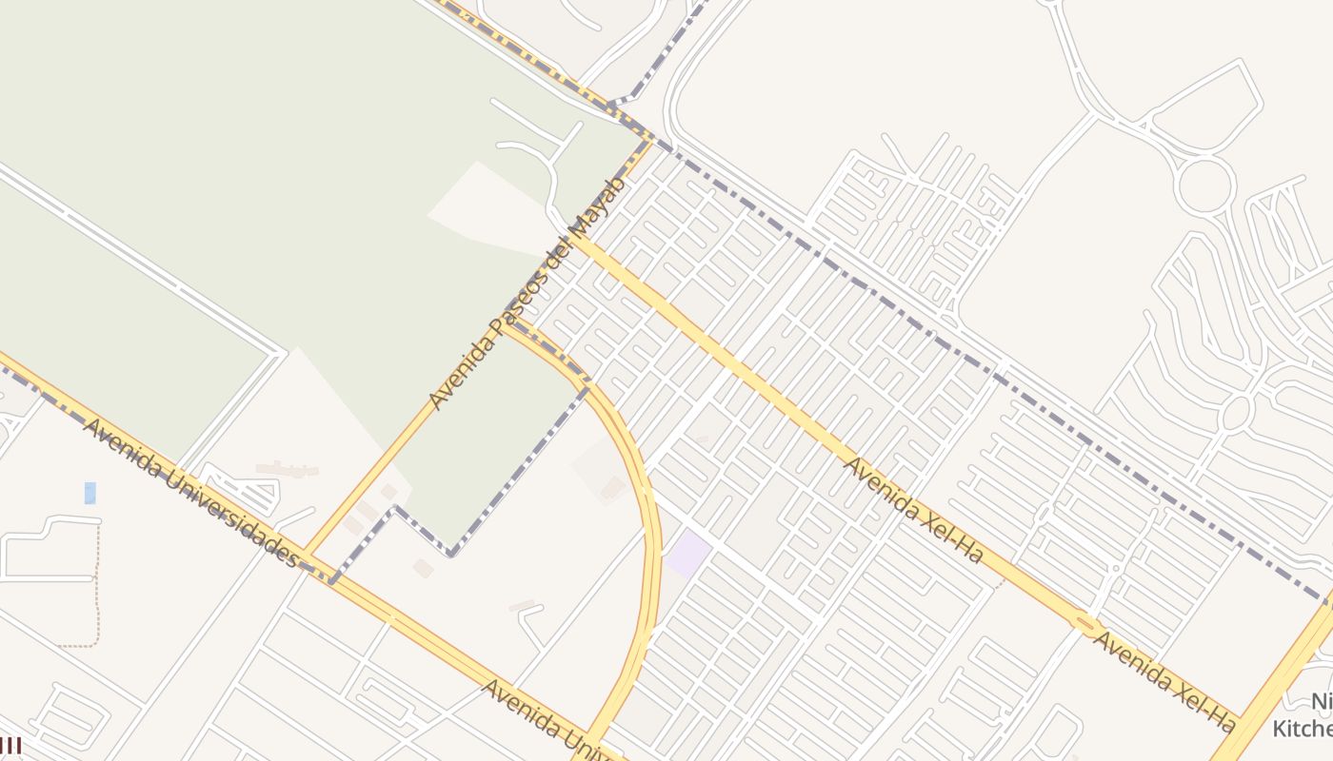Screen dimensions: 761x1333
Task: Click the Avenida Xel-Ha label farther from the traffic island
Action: pyautogui.click(x=913, y=510)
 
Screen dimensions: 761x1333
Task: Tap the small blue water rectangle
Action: pyautogui.click(x=90, y=493)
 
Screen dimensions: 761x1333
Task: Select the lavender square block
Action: pyautogui.click(x=688, y=555)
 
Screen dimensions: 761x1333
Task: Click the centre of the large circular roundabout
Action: pyautogui.click(x=1204, y=185)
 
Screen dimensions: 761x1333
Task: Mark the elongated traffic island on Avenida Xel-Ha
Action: pyautogui.click(x=1085, y=624)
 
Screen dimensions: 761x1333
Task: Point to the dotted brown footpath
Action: pyautogui.click(x=97, y=590)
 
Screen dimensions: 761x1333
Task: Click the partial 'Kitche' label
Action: pyautogui.click(x=1303, y=729)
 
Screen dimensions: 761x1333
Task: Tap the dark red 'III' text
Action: pyautogui.click(x=10, y=745)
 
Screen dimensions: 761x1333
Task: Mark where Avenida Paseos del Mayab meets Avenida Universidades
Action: pyautogui.click(x=307, y=556)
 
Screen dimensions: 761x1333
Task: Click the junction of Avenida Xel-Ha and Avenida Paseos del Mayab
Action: pyautogui.click(x=574, y=242)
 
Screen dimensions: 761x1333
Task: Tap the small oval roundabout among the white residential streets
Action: pyautogui.click(x=1234, y=414)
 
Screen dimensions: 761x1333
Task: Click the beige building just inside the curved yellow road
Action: pyautogui.click(x=612, y=489)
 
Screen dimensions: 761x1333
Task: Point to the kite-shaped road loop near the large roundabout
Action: pyautogui.click(x=1207, y=105)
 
